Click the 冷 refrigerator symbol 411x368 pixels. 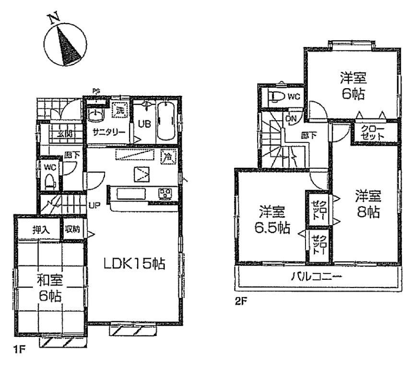(168, 156)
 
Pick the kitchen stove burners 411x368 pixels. (165, 193)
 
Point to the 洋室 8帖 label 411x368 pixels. (368, 203)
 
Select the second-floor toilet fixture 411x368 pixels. (276, 96)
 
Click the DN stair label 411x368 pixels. (291, 118)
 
